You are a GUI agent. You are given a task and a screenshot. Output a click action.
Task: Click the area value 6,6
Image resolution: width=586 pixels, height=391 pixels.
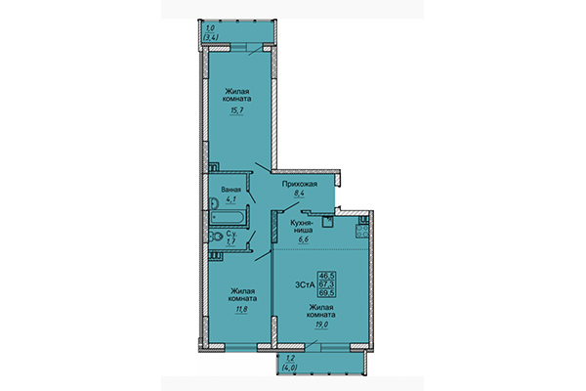(x=301, y=241)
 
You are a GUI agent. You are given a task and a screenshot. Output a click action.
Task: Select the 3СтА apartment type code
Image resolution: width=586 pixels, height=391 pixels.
(x=304, y=284)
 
